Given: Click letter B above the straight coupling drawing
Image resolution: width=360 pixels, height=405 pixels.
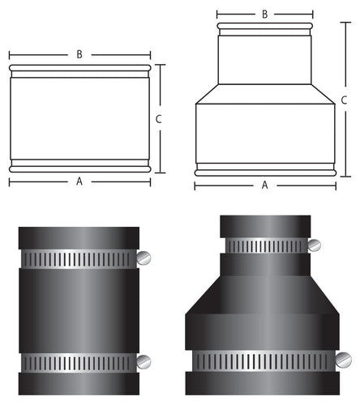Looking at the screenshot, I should click(x=79, y=54).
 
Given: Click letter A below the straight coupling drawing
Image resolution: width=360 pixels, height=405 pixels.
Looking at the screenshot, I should click(x=79, y=182).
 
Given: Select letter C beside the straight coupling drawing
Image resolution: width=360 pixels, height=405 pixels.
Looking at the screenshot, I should click(x=159, y=119).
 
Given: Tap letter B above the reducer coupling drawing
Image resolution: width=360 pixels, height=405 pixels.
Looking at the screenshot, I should click(x=264, y=14).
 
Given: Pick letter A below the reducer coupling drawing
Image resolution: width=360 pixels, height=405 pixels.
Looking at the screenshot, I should click(x=264, y=185).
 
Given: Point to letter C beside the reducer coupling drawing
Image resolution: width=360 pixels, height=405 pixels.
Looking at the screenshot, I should click(x=345, y=100).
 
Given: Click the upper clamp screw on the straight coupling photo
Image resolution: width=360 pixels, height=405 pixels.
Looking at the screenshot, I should click(x=144, y=258).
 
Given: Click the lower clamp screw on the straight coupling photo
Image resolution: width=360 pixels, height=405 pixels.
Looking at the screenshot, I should click(x=144, y=361).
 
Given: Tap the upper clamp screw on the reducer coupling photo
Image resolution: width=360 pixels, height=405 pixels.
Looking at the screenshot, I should click(x=313, y=245).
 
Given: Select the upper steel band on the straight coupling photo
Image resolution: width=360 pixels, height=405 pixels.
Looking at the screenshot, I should click(x=79, y=259).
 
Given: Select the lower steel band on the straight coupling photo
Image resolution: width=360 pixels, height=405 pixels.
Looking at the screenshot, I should click(x=79, y=361).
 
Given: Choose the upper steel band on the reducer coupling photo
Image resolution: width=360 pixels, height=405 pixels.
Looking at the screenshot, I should click(x=266, y=245).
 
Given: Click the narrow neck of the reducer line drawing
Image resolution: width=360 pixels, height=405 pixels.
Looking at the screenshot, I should click(x=265, y=57).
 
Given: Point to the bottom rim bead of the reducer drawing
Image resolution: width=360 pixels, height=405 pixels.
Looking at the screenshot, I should click(x=265, y=170).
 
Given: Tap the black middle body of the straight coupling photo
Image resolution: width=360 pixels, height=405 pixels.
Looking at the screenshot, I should click(x=79, y=310).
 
